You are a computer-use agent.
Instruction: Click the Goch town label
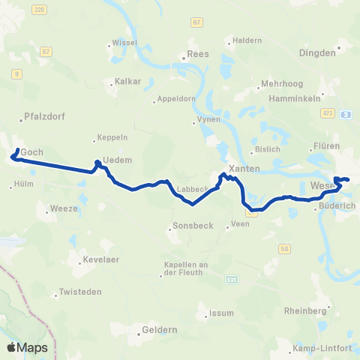pyautogui.click(x=31, y=152)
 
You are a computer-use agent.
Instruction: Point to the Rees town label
pyautogui.click(x=197, y=54)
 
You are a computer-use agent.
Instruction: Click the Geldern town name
pyautogui.click(x=159, y=330)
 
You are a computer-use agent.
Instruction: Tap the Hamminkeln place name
pyautogui.click(x=295, y=97)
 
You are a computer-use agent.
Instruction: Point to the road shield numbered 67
pyautogui.click(x=196, y=23)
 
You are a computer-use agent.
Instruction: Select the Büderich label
pyautogui.click(x=334, y=203)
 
